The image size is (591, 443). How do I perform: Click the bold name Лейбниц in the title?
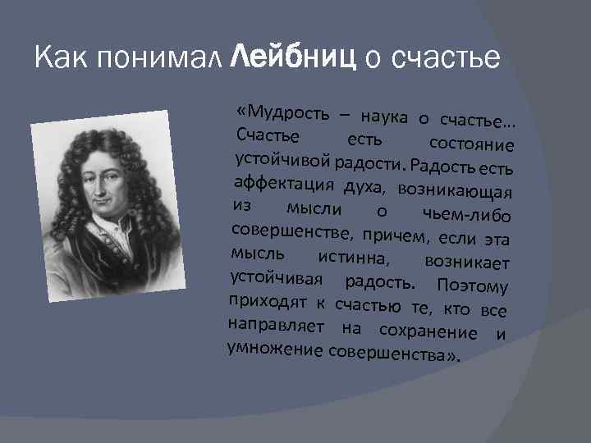[x=294, y=57]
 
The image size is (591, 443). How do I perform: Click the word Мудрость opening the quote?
[x=282, y=112]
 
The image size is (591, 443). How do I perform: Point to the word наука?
[x=382, y=117]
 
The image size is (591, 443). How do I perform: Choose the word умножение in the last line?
[x=274, y=349]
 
